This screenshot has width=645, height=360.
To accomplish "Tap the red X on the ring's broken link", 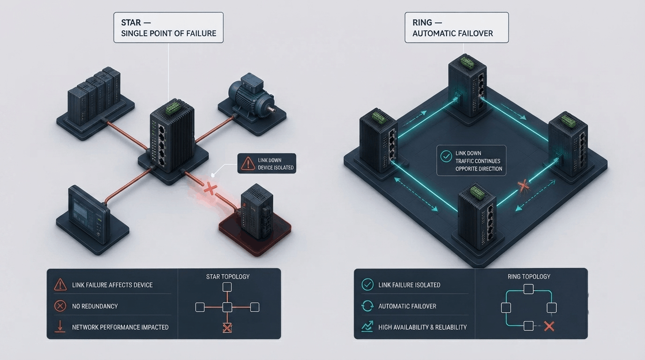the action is [x=523, y=186].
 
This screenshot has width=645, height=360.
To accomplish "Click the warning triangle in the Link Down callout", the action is [x=247, y=164].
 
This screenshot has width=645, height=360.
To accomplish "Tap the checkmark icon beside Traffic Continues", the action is [x=446, y=157].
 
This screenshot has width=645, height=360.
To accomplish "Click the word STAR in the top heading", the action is [x=131, y=22].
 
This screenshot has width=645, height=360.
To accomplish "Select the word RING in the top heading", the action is [x=422, y=22].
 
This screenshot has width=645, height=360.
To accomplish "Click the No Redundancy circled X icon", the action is [x=60, y=306].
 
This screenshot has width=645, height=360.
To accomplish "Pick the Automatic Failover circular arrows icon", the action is [x=367, y=306].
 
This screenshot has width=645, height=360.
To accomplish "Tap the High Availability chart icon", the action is [x=367, y=327].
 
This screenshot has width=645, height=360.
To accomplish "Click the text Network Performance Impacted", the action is [x=120, y=327].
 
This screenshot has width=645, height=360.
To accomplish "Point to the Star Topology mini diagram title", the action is [x=228, y=277].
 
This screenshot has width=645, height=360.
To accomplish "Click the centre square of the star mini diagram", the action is [x=227, y=307].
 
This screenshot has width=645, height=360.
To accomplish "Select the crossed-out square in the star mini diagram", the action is [x=227, y=328].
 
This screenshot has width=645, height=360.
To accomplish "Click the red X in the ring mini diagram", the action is [x=549, y=327].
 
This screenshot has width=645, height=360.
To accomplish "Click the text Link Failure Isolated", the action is [x=409, y=285].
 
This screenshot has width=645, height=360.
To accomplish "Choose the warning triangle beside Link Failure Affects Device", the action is [x=60, y=285].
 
